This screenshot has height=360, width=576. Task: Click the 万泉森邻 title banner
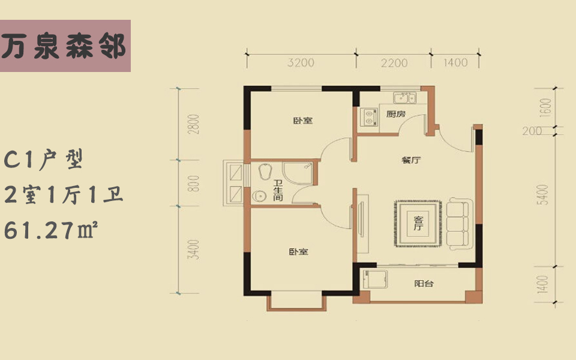pyautogui.click(x=65, y=46)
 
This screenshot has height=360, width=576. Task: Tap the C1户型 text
pyautogui.click(x=44, y=160)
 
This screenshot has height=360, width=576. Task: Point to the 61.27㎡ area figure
pyautogui.click(x=50, y=230)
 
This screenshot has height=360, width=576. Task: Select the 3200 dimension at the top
pyautogui.click(x=301, y=62)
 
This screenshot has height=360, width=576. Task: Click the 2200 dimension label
pyautogui.click(x=394, y=63)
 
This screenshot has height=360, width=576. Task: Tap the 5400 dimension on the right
pyautogui.click(x=544, y=194)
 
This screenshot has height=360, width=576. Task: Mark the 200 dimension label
pyautogui.click(x=532, y=131)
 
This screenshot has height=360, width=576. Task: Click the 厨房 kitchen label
pyautogui.click(x=396, y=114)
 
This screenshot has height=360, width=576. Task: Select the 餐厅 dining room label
pyautogui.click(x=411, y=160)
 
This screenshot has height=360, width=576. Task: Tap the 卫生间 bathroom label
pyautogui.click(x=278, y=190)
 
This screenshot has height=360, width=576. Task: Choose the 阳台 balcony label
pyautogui.click(x=424, y=283)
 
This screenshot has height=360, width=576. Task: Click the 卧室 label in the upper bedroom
pyautogui.click(x=303, y=120)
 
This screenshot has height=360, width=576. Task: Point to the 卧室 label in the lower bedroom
pyautogui.click(x=298, y=251)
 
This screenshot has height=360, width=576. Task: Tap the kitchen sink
pyautogui.click(x=404, y=98)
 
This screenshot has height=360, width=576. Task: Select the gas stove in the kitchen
pyautogui.click(x=368, y=117)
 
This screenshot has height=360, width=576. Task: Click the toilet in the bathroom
pyautogui.click(x=265, y=171)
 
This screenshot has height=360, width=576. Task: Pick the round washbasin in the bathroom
pyautogui.click(x=260, y=197)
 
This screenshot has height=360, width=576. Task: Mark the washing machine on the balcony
pyautogui.click(x=375, y=281)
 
